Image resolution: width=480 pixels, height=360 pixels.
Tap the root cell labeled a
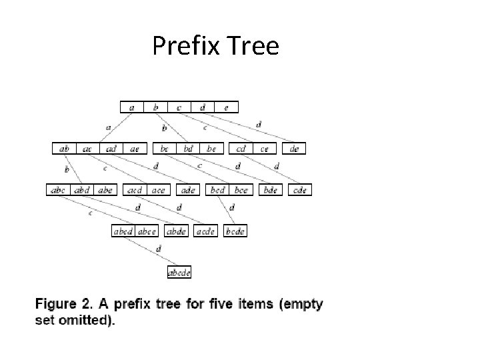tap(132, 107)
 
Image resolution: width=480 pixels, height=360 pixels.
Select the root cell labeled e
tap(226, 107)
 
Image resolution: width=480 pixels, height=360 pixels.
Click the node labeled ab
tap(64, 149)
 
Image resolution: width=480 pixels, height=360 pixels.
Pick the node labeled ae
tap(134, 149)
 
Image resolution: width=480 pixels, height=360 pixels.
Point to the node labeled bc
tap(165, 149)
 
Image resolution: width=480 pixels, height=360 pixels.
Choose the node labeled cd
tap(240, 149)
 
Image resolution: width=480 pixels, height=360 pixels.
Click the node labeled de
tap(294, 149)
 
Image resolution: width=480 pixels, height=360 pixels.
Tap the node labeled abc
tap(58, 190)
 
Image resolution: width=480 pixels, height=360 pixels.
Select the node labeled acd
tap(135, 190)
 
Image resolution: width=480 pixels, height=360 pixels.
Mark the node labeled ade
tap(188, 190)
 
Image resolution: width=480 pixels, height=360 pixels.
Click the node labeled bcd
tap(217, 190)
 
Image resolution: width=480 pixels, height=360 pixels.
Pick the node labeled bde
tap(270, 190)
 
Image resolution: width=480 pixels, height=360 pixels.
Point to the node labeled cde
tap(300, 190)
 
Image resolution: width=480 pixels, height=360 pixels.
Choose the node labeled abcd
tap(123, 231)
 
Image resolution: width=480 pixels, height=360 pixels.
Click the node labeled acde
tap(206, 231)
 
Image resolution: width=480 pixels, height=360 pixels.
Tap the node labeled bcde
tap(235, 231)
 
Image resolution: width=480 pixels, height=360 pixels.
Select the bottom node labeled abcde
tap(179, 272)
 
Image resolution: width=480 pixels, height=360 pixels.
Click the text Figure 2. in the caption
tap(63, 305)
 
